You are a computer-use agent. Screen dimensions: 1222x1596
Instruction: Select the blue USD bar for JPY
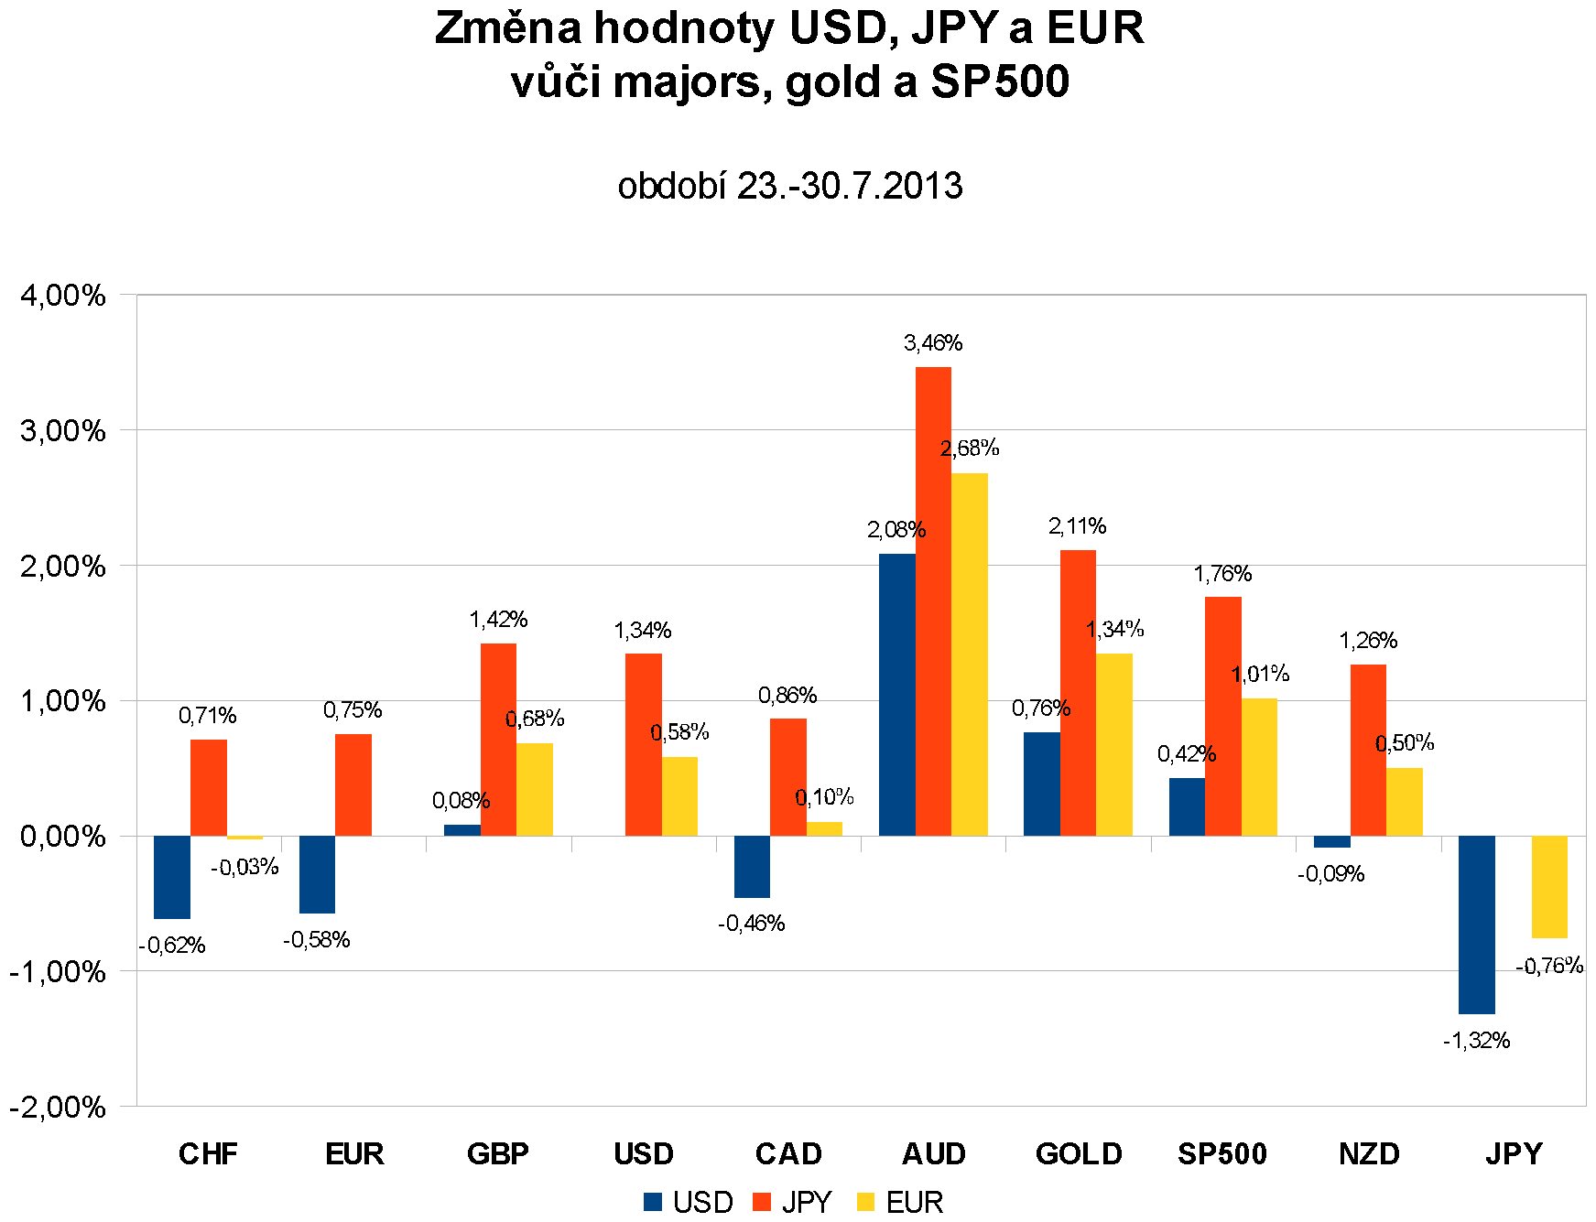click(1476, 925)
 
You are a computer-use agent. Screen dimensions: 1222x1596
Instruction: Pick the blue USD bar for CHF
click(172, 877)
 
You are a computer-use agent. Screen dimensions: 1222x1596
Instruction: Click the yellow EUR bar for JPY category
click(1549, 887)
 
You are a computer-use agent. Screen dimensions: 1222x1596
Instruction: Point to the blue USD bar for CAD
click(752, 867)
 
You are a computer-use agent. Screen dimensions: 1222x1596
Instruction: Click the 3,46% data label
click(933, 343)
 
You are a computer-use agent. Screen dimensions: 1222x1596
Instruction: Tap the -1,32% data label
click(1476, 1041)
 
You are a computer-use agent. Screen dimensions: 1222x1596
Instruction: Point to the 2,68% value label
click(970, 449)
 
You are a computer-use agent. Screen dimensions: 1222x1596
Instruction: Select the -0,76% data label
click(1549, 966)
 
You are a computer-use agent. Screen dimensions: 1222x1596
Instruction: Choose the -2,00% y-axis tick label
click(58, 1107)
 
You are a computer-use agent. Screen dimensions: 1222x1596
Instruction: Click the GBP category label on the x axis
click(498, 1153)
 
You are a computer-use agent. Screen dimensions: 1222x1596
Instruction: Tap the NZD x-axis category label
click(1369, 1153)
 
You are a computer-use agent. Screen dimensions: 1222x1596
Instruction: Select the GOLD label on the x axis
click(1079, 1153)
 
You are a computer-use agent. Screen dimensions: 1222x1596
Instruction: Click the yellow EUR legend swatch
click(865, 1202)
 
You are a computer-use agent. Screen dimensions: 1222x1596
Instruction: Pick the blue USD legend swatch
click(653, 1202)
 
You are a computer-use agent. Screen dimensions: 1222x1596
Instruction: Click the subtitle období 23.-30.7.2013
click(790, 186)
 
